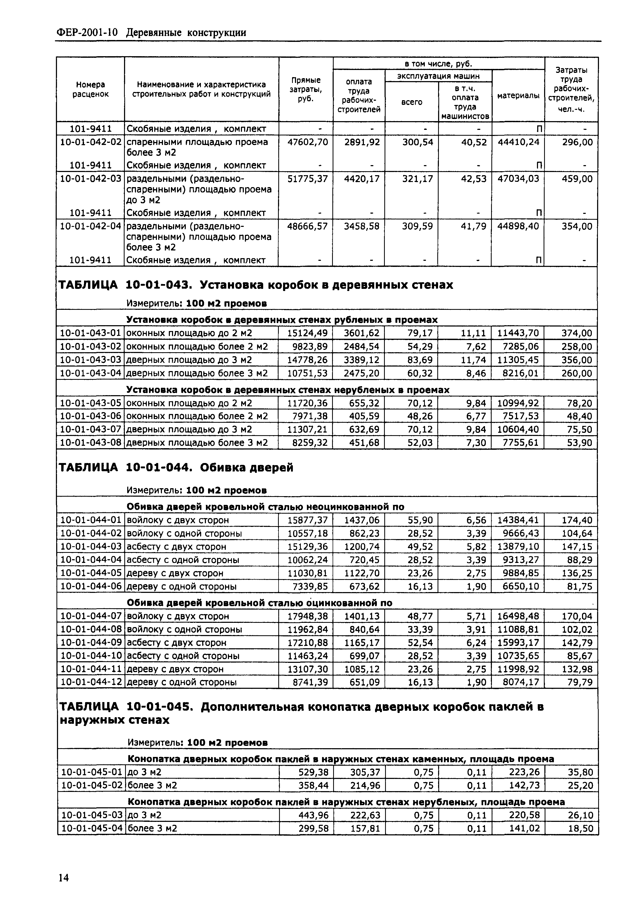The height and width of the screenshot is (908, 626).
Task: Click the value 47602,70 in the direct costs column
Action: coord(307,142)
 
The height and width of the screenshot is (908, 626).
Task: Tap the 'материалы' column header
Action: coord(518,96)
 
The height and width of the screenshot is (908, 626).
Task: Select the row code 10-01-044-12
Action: coord(91,682)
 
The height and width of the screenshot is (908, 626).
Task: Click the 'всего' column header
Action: coord(411,102)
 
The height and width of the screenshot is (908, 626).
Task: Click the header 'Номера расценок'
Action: coord(91,89)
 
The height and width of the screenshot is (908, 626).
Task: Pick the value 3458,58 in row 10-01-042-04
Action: coord(362,226)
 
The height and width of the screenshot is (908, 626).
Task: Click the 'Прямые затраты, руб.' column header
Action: coord(306,89)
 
